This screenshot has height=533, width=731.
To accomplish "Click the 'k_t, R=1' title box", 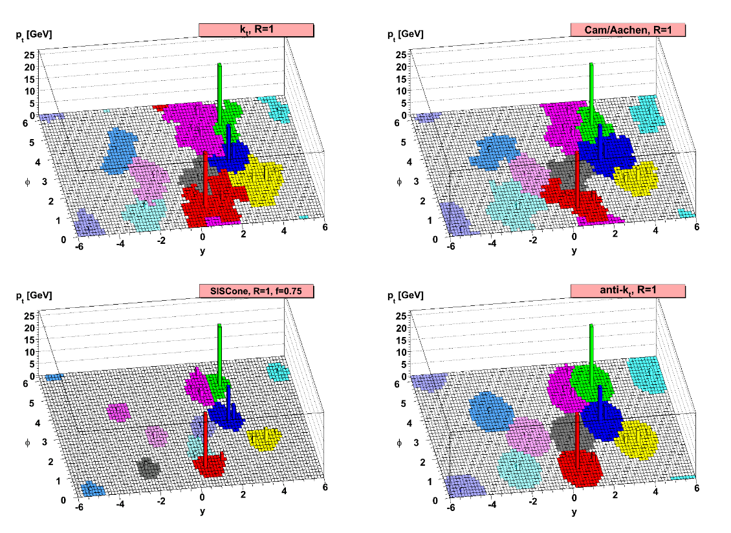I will coord(256,30).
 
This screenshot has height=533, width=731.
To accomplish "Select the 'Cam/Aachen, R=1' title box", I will coord(627,30).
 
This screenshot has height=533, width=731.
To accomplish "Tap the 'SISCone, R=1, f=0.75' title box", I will coord(256,291).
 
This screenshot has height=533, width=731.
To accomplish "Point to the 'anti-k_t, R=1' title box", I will coord(627,291).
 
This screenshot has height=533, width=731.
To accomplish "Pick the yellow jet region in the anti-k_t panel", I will coord(637,442).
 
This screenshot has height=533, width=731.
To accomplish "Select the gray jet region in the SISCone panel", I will coord(148,466).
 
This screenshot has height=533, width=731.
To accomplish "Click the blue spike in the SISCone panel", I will coord(228,401).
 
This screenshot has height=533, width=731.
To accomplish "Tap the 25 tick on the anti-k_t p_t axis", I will coord(401,315).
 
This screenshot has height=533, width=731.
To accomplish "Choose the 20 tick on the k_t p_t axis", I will coord(30,66).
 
